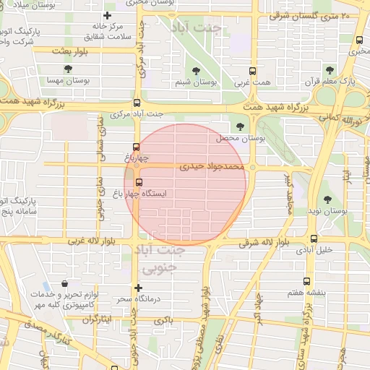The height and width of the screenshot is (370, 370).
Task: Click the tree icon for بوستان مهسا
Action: click(67, 69)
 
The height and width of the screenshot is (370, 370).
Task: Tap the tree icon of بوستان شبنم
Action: click(196, 70)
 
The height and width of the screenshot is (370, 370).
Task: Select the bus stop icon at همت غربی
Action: click(252, 71)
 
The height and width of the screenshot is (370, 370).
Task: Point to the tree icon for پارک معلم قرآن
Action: click(330, 70)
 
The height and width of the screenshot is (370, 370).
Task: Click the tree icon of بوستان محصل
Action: click(240, 126)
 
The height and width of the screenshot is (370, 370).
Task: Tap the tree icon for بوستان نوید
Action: click(327, 199)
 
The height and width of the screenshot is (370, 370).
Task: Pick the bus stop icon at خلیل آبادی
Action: click(313, 238)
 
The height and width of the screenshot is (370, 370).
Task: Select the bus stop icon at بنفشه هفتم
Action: click(306, 281)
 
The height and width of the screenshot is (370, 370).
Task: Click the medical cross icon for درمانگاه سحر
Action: click(138, 288)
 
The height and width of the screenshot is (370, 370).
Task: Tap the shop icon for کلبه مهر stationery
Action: click(66, 284)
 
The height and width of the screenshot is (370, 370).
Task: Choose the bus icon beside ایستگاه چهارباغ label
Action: click(139, 182)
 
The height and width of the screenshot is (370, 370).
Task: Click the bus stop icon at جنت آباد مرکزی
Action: click(137, 103)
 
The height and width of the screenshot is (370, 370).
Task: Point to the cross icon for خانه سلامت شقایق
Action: click(108, 15)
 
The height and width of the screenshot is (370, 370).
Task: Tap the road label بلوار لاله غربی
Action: click(91, 241)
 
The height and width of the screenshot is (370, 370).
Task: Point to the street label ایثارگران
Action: click(95, 319)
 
